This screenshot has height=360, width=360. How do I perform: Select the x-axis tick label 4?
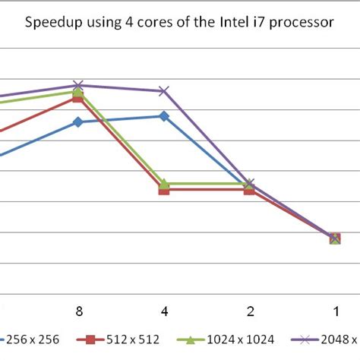pyautogui.click(x=163, y=311)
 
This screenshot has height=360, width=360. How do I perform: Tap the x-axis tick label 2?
pyautogui.click(x=249, y=311)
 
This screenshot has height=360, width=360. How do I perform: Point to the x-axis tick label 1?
pyautogui.click(x=335, y=311)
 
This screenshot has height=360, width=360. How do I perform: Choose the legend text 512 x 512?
pyautogui.click(x=131, y=341)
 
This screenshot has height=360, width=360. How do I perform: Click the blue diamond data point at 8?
pyautogui.click(x=77, y=122)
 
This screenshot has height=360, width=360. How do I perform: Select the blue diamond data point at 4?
pyautogui.click(x=163, y=115)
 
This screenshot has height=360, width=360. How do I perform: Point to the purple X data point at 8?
pyautogui.click(x=77, y=85)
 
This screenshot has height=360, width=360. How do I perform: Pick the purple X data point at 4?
pyautogui.click(x=163, y=91)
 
